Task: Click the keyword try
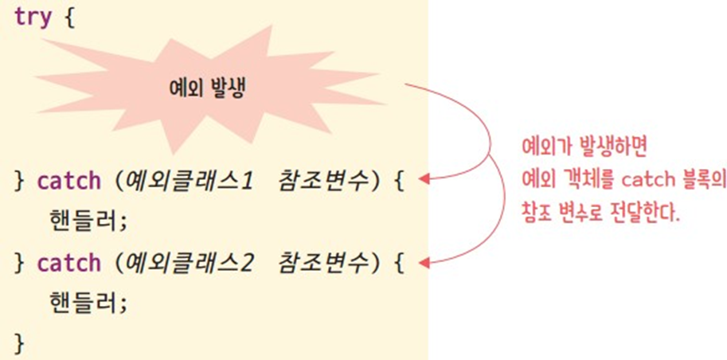[33, 17]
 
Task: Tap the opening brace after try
[68, 17]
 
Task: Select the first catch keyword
[68, 180]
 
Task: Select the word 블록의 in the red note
[698, 181]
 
